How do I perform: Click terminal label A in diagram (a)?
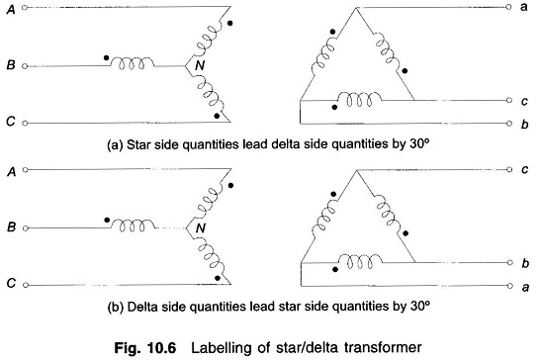[x=11, y=9]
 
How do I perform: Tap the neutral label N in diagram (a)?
[x=200, y=65]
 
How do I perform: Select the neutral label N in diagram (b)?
[x=201, y=227]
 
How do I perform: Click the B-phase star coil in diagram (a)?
[x=132, y=63]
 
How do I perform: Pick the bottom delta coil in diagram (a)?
[x=360, y=99]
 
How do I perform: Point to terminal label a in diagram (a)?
[x=523, y=7]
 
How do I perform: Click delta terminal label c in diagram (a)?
[x=524, y=101]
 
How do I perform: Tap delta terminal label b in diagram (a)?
[x=524, y=124]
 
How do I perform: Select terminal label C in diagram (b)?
[x=11, y=283]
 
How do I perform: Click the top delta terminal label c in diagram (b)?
[x=524, y=169]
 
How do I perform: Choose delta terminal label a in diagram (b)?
[x=525, y=287]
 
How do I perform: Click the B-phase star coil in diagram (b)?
[x=133, y=225]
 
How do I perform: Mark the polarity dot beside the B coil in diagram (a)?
[x=107, y=57]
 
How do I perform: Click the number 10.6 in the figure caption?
[x=161, y=347]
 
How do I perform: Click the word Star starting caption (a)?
[x=138, y=144]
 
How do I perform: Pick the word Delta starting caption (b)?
[x=141, y=307]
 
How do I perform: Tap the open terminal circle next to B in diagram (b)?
[x=25, y=228]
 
